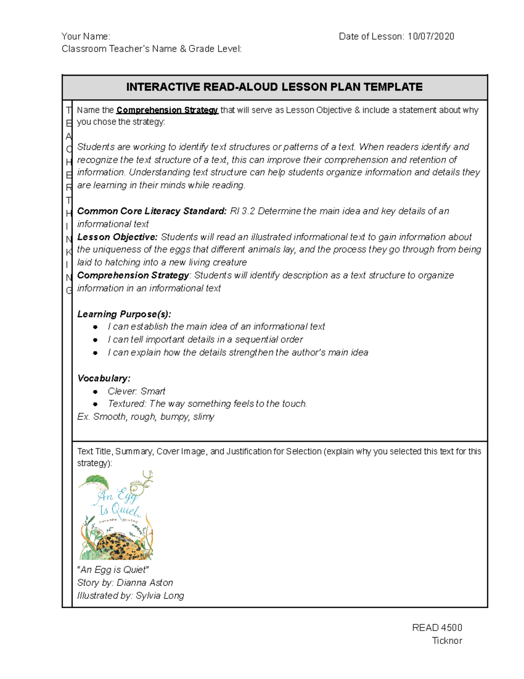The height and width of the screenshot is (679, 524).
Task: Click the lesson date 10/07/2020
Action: tap(431, 37)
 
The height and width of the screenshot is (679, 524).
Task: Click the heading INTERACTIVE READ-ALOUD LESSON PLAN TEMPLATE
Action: tap(274, 87)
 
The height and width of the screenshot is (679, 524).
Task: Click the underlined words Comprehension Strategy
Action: tap(167, 110)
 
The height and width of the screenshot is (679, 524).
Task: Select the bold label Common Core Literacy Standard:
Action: tap(152, 211)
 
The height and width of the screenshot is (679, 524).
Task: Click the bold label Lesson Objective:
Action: tap(117, 237)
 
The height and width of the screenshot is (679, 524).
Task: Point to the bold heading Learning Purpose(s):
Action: tap(124, 314)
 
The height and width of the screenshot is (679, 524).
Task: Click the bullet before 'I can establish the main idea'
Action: tap(95, 327)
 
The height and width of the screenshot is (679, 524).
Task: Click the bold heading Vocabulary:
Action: tap(103, 378)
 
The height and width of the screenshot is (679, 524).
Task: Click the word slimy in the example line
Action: tap(203, 417)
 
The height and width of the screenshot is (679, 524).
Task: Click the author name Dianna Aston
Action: tap(145, 583)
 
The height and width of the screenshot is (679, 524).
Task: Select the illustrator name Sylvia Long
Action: tap(159, 596)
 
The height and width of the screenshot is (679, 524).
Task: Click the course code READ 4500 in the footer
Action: tap(437, 628)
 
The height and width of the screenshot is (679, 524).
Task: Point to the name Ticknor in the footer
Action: tap(447, 641)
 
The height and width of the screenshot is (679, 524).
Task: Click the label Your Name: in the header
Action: tap(86, 37)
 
